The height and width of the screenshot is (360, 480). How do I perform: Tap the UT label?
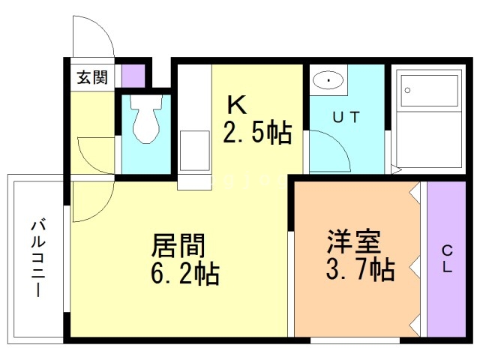click(346, 116)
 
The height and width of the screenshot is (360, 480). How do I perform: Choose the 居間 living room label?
click(178, 246)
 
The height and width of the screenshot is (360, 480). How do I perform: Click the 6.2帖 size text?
click(185, 274)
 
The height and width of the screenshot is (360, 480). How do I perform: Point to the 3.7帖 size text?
click(361, 268)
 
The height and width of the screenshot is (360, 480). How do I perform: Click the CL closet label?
click(446, 259)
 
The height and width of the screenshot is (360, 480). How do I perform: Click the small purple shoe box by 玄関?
click(133, 76)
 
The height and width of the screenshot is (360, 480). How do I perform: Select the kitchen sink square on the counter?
click(195, 151)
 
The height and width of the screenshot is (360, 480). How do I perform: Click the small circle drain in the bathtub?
click(408, 88)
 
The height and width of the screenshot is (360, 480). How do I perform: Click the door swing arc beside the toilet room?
click(96, 154)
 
